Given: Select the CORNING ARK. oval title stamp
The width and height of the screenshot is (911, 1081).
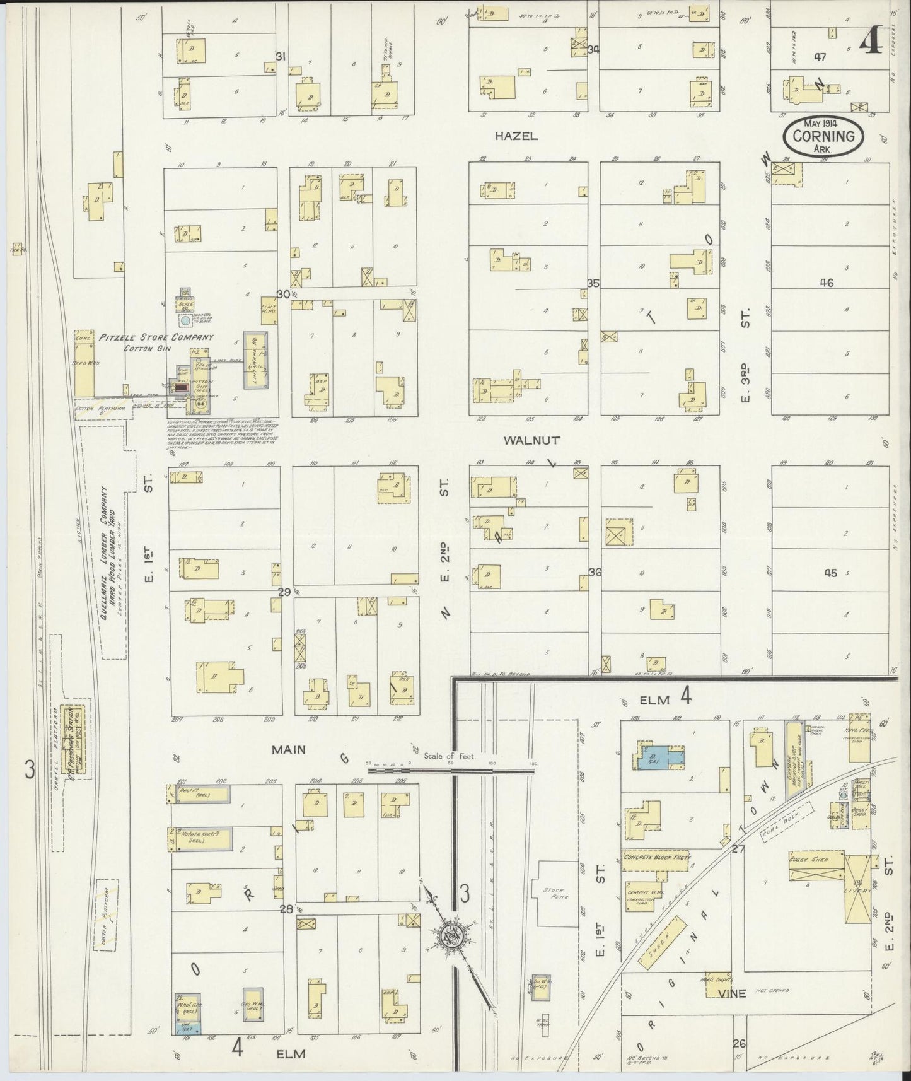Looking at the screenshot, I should point(823,136).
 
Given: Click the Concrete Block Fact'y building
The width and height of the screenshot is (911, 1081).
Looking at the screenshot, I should point(656,857).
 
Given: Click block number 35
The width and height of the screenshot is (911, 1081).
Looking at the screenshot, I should point(593,283).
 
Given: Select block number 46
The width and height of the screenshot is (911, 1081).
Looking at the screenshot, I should point(827,283).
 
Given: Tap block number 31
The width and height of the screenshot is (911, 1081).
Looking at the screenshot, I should point(281,56).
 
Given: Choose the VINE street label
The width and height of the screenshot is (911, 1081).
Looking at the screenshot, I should point(731,993).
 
